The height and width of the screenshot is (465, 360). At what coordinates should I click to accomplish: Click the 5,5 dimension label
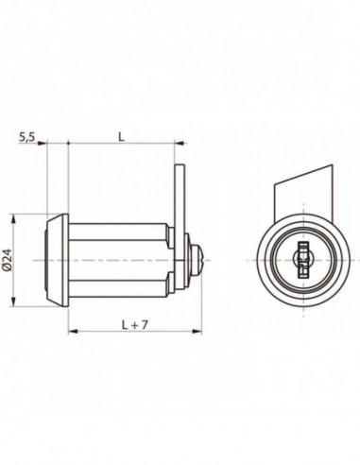[26, 137]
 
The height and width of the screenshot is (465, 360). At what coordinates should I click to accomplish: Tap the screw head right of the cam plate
[196, 256]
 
